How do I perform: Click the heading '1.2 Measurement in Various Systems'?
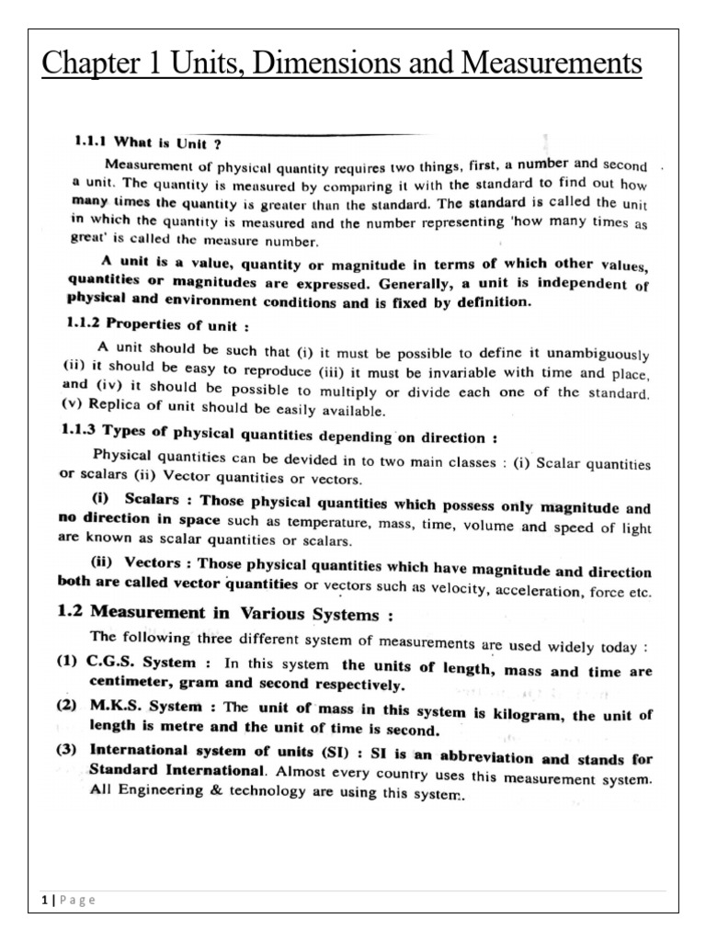click(226, 615)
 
